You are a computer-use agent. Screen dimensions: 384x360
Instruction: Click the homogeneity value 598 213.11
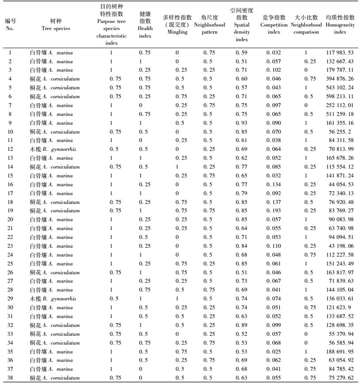click(340, 96)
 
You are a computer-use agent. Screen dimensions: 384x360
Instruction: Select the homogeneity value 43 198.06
click(340, 245)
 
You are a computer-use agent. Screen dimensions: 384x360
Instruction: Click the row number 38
click(10, 377)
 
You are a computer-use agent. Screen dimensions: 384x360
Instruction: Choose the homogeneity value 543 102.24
click(340, 87)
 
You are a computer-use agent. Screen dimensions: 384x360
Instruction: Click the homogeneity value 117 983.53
click(340, 53)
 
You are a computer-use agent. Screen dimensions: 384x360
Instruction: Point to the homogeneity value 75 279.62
click(340, 377)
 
